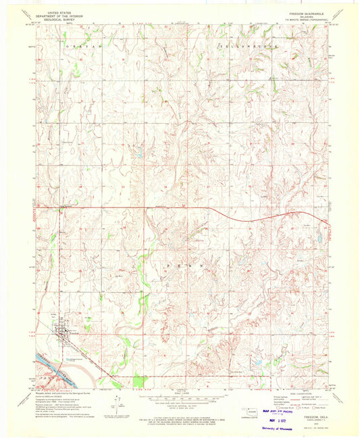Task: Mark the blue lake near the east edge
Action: coord(318,237)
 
